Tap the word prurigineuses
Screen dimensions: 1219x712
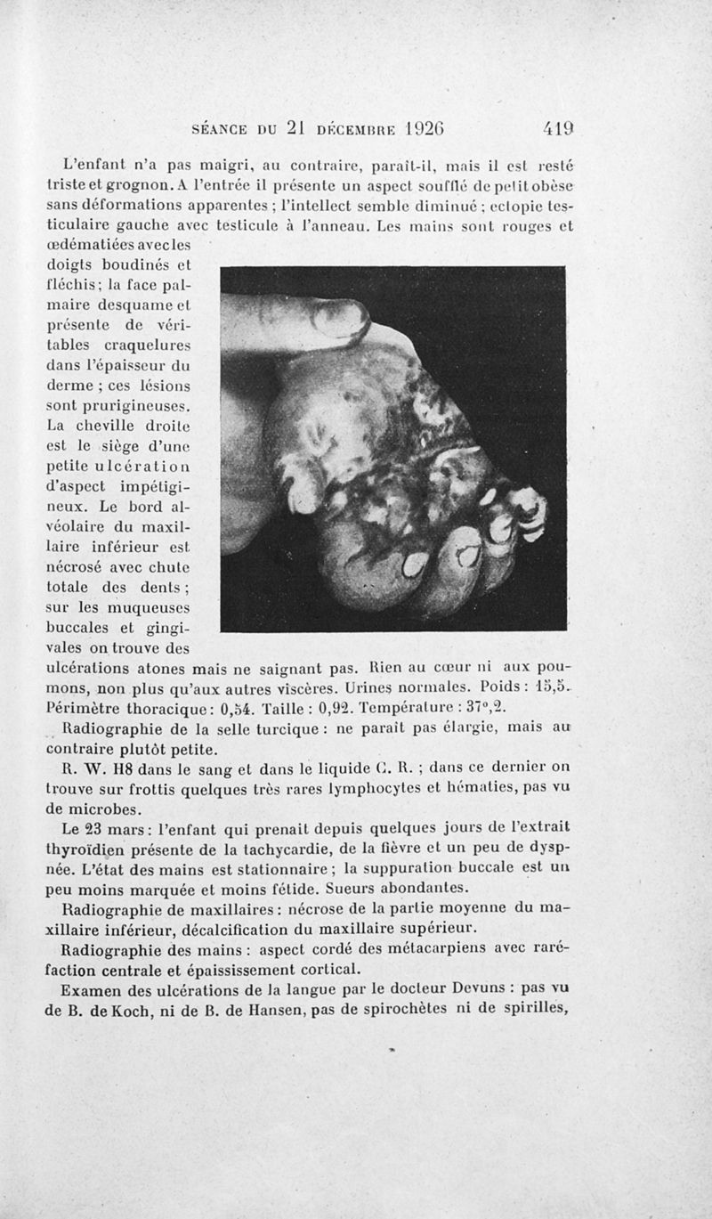(120, 406)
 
